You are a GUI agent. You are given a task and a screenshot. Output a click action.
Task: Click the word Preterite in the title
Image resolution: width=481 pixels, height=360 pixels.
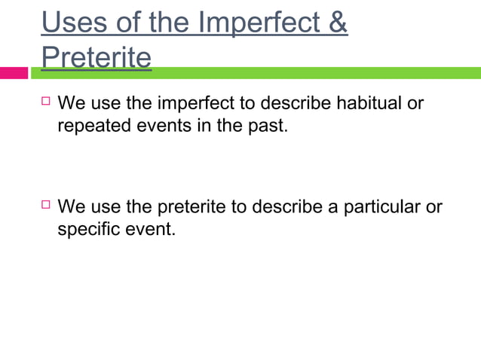click(96, 58)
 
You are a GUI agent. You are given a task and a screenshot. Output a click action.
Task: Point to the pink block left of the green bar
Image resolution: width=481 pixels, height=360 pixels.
click(14, 73)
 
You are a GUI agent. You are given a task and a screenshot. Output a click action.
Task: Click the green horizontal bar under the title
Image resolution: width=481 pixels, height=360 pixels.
click(302, 73)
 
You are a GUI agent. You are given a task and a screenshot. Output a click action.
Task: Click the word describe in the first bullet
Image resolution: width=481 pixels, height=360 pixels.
click(292, 103)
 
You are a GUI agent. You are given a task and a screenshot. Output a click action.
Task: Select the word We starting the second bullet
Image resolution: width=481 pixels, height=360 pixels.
click(72, 206)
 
